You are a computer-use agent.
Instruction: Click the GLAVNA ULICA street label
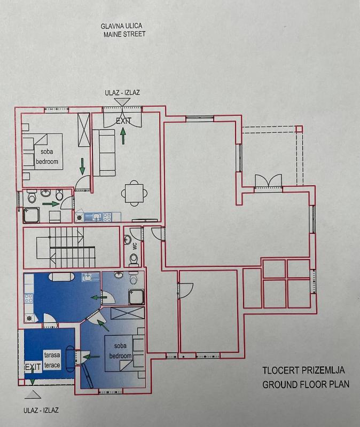121,26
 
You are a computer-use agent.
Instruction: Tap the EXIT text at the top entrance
123,121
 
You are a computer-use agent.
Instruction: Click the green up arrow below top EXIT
123,136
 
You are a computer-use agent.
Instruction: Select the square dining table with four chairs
135,193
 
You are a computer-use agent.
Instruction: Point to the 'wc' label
135,246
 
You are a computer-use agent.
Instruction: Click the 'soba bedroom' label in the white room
47,156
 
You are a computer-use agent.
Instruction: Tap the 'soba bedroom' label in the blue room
120,351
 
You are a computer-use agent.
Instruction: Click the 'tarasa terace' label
52,360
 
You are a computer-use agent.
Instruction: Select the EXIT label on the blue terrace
33,367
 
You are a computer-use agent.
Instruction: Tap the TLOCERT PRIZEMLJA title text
303,370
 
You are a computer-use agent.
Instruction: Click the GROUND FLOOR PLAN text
306,384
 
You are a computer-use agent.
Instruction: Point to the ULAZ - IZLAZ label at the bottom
41,410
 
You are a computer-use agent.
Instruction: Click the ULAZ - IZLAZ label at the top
122,92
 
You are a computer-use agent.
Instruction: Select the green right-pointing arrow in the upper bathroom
51,203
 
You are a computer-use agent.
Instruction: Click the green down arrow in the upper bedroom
82,167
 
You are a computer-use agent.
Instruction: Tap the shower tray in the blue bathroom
136,297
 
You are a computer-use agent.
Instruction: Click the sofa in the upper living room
104,153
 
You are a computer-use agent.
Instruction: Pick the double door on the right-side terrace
269,180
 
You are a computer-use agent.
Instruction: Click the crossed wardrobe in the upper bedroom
84,130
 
